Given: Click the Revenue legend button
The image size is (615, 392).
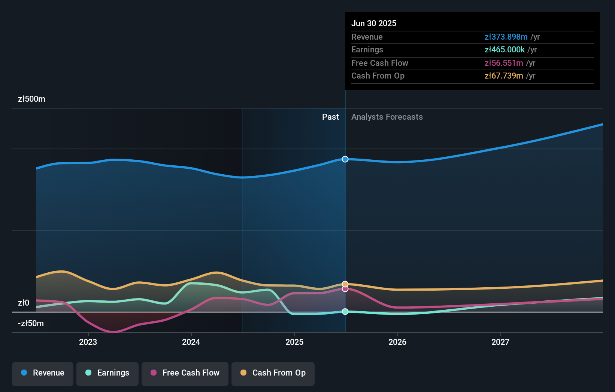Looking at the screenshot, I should pos(43,373).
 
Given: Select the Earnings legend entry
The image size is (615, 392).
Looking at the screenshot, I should pos(107,373).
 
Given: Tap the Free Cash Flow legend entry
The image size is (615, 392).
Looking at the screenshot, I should pos(185,373).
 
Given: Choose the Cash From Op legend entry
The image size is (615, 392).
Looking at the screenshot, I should pos(273,373).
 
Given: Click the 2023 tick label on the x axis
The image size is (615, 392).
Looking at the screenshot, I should pos(88,342).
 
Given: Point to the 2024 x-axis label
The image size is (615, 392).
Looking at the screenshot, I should pos(191,342).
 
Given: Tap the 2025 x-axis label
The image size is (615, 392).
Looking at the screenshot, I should pos(294,342).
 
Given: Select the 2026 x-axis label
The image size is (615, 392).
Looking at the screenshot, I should pos(397,342).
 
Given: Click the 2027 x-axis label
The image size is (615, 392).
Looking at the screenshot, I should pos(500,342).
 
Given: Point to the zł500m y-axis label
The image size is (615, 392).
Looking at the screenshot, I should pos(31,99).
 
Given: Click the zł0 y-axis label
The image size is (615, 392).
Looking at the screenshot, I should pos(24,303).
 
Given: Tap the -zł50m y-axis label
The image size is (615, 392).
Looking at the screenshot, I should pos(31,323).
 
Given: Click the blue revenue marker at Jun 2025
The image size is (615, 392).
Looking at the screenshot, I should pos(345,159).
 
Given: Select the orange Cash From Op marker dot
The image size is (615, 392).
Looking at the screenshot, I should pos(345,284).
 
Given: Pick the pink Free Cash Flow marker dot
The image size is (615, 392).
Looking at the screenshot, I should pos(345,289).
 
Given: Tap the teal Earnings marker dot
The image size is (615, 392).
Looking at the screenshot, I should pos(345,312).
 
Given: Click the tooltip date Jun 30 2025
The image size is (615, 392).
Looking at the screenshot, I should pos(373,23).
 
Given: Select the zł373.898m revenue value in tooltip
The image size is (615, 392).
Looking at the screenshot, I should pos(506,37).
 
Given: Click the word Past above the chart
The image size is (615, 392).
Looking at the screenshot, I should pos(330,117).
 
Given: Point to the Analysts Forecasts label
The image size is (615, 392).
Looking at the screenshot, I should pos(387,117).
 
